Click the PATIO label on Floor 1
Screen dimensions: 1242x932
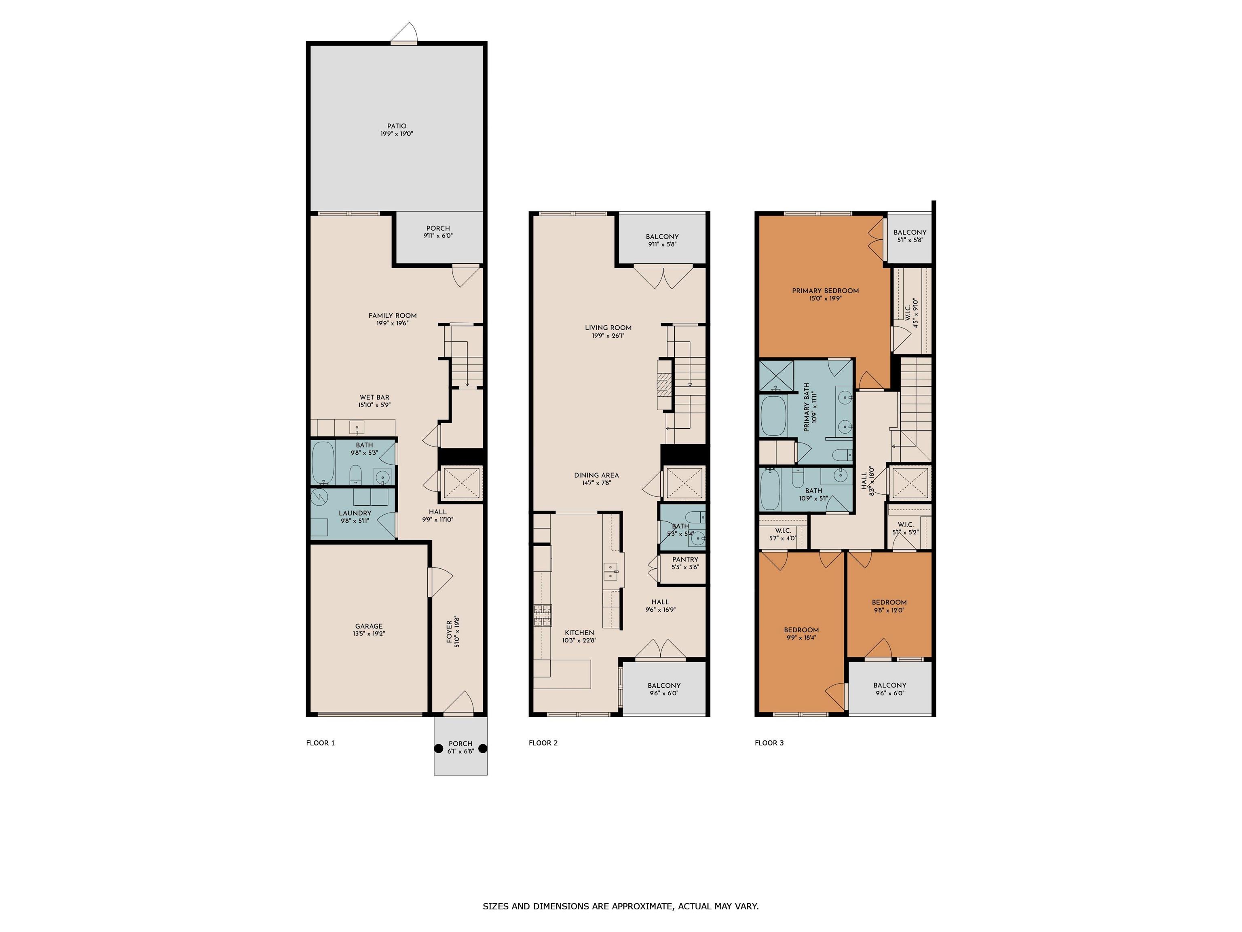pyautogui.click(x=396, y=126)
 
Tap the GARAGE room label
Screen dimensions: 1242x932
pyautogui.click(x=369, y=626)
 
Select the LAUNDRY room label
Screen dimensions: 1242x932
pyautogui.click(x=355, y=513)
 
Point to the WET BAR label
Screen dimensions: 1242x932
pyautogui.click(x=374, y=397)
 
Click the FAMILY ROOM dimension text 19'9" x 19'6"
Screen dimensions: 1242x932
pyautogui.click(x=393, y=323)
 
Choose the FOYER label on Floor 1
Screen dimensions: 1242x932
pyautogui.click(x=449, y=632)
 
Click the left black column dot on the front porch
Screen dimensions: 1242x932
pyautogui.click(x=439, y=748)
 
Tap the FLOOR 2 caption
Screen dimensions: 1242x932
pyautogui.click(x=543, y=743)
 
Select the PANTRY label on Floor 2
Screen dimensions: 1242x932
pyautogui.click(x=685, y=559)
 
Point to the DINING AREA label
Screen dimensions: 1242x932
pyautogui.click(x=596, y=475)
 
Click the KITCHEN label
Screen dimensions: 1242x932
pyautogui.click(x=579, y=633)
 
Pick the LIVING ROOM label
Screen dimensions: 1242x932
pyautogui.click(x=608, y=328)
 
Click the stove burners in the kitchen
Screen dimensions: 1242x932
pyautogui.click(x=543, y=616)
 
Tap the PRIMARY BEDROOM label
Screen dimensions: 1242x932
pyautogui.click(x=826, y=290)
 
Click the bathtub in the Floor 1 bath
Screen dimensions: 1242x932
pyautogui.click(x=323, y=463)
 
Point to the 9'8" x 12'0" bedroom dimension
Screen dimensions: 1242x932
pyautogui.click(x=889, y=610)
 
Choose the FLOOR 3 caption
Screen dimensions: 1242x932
pyautogui.click(x=769, y=743)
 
